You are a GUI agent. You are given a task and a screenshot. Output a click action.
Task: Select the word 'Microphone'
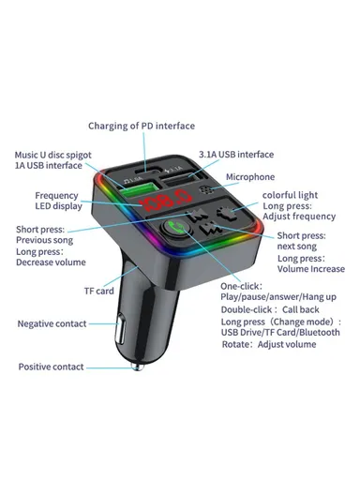(x=275, y=176)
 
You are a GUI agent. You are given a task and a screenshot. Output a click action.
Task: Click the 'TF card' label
(x=99, y=292)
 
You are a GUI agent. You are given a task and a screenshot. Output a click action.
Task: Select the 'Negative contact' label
(x=52, y=323)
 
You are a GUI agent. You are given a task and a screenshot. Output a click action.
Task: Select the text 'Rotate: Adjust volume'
(x=273, y=343)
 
